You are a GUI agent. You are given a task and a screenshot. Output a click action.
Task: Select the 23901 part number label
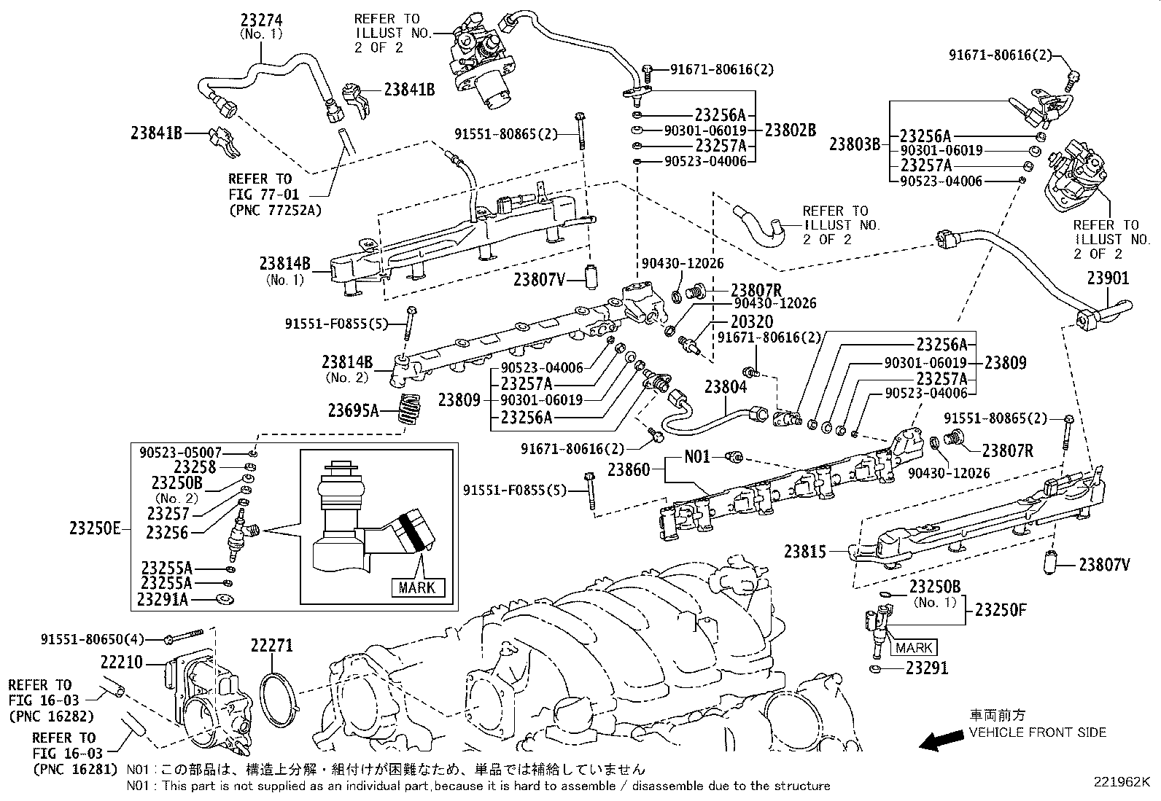pos(1107,278)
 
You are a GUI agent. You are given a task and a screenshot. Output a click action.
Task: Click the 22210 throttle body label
pos(123,663)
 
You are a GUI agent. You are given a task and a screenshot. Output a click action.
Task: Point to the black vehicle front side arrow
pos(941,742)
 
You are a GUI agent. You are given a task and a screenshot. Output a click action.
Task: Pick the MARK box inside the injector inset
pos(417,587)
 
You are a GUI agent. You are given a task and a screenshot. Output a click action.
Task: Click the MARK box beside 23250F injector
pos(914,647)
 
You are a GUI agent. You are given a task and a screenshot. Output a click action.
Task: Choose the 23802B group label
pos(790,130)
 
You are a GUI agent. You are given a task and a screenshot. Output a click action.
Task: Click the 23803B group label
pos(855,144)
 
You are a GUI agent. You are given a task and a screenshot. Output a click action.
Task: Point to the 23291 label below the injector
pos(927,668)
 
